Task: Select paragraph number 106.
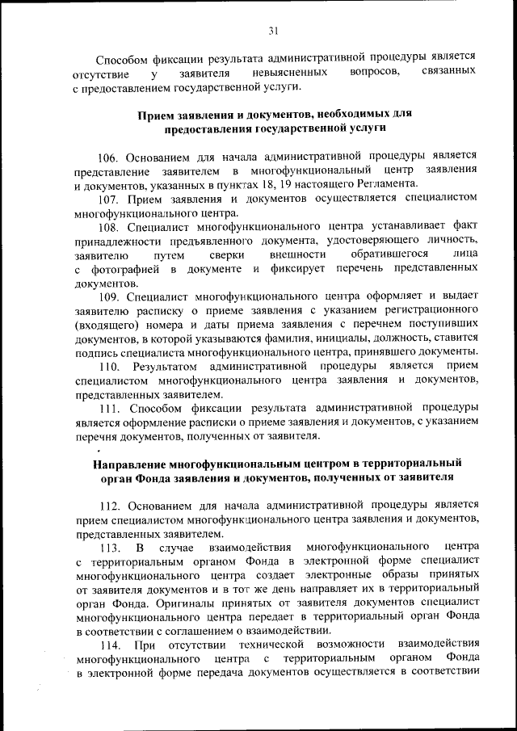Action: coord(109,154)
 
